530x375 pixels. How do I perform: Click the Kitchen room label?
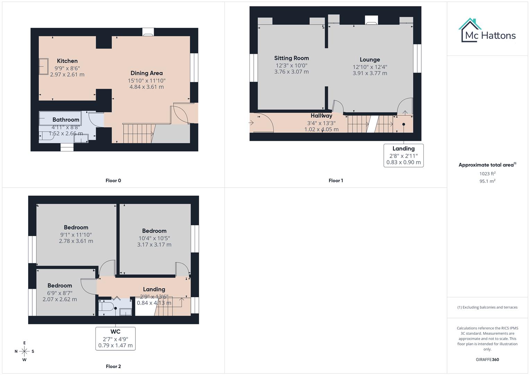tap(67, 61)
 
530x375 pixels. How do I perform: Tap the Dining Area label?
tap(146, 73)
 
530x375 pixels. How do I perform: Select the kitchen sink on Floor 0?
tap(44, 66)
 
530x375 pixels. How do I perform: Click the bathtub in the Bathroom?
tap(60, 118)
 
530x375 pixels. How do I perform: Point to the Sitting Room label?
tap(291, 58)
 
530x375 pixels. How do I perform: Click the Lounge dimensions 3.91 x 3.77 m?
tap(370, 73)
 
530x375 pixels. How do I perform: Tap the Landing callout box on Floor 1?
tap(403, 156)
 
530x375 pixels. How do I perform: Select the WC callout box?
tap(115, 339)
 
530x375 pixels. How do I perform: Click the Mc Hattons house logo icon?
tap(470, 30)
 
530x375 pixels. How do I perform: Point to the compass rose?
tap(24, 351)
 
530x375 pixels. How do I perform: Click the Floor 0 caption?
tap(113, 181)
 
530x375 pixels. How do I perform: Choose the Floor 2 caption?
tap(113, 366)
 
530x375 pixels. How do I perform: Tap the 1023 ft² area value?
tap(487, 174)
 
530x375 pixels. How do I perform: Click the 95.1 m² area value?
tap(487, 181)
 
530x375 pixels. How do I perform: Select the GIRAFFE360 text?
tap(487, 360)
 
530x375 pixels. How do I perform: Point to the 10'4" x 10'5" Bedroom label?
tap(154, 231)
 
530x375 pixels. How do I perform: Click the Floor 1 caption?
tap(336, 181)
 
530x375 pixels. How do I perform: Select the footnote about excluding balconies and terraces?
tap(487, 307)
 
